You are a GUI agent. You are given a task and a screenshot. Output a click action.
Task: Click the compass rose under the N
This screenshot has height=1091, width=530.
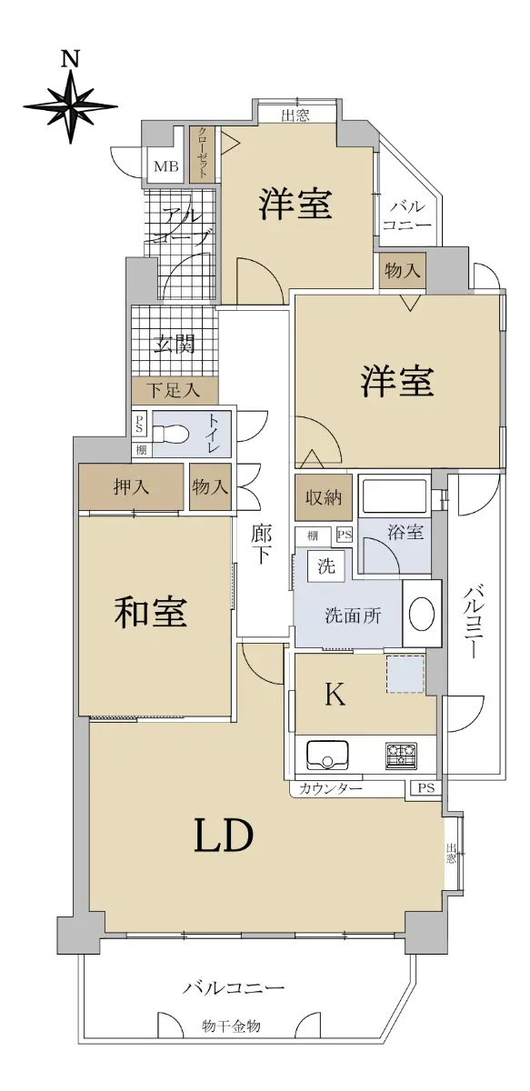(x=71, y=105)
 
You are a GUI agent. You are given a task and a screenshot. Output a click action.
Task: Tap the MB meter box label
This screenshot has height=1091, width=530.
(x=166, y=166)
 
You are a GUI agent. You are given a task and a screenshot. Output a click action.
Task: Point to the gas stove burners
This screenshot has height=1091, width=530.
(x=402, y=756)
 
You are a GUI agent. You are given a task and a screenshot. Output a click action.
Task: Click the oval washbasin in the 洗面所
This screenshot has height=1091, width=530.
(x=422, y=613)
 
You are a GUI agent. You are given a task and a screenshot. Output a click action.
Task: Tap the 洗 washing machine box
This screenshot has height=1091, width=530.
(x=325, y=566)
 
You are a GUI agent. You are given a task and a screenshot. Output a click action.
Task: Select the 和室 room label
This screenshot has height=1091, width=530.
(x=151, y=613)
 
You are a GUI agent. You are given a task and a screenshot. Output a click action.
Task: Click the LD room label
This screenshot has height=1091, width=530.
(x=224, y=836)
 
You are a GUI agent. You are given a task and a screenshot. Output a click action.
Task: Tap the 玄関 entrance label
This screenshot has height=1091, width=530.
(x=175, y=345)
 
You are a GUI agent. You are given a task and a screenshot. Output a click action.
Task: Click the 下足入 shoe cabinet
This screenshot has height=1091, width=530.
(x=175, y=390)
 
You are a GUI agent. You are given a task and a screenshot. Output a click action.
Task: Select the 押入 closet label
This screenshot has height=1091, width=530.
(x=131, y=486)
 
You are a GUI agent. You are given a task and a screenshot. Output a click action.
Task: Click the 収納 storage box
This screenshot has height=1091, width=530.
(x=324, y=497)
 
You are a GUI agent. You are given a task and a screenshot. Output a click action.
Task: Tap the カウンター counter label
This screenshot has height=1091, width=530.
(x=330, y=788)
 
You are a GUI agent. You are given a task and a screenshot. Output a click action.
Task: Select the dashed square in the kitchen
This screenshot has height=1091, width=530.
(x=405, y=674)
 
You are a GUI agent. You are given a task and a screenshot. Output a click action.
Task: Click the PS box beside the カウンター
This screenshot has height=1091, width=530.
(x=425, y=787)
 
